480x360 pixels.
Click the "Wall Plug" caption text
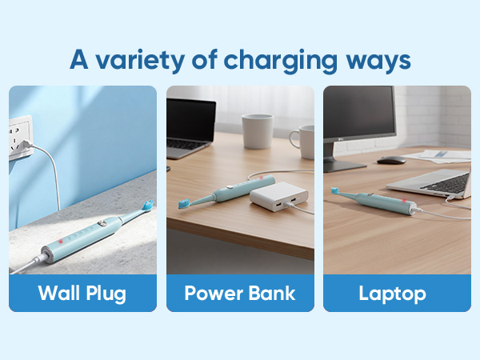(x=82, y=293)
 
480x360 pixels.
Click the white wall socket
(x=19, y=137)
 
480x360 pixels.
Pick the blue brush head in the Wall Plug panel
(x=147, y=208)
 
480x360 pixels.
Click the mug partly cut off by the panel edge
(x=303, y=140)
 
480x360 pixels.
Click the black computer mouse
(x=390, y=161)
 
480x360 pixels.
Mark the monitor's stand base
(x=344, y=166)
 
